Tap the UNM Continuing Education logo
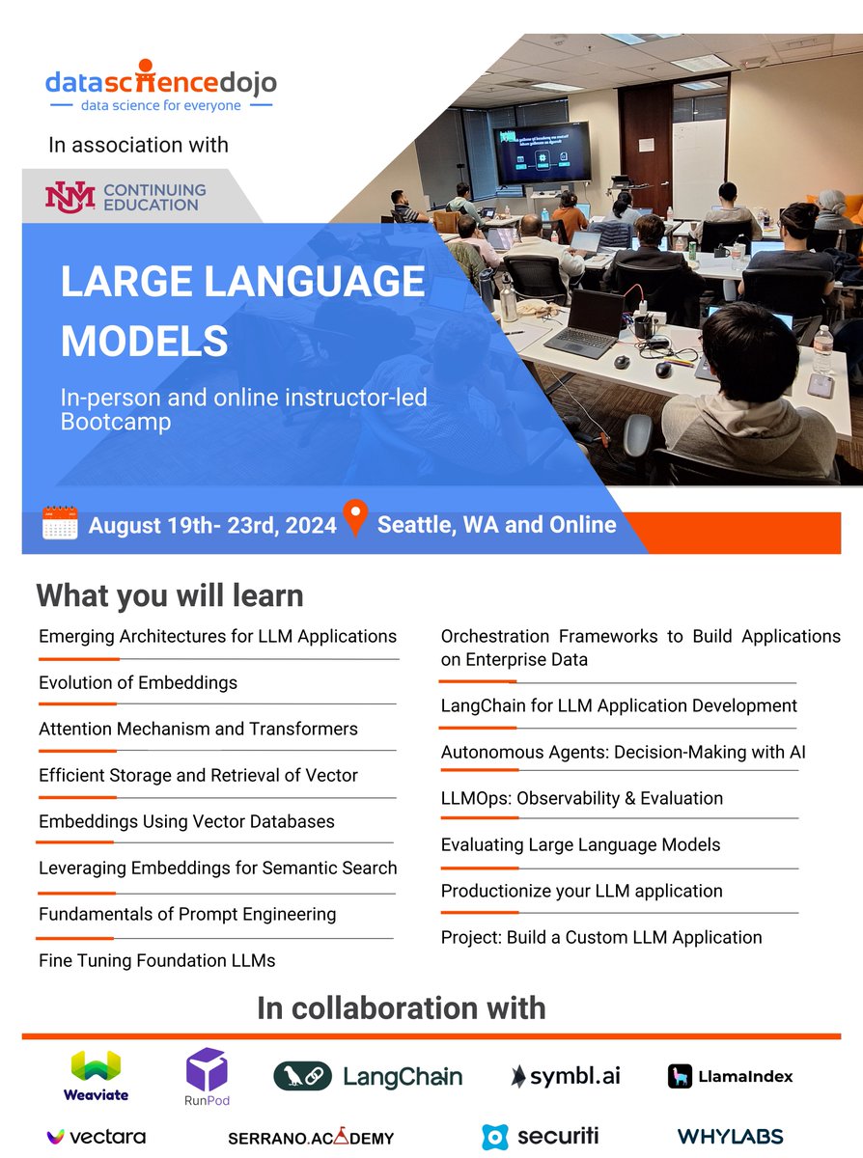click(125, 196)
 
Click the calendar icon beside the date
click(60, 524)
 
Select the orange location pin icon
click(355, 519)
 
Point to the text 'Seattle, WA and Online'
click(496, 525)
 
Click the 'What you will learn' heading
click(170, 595)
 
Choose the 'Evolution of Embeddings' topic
click(138, 683)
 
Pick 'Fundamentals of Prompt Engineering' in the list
click(187, 914)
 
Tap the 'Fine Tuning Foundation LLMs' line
click(157, 960)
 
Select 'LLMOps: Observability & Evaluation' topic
click(582, 798)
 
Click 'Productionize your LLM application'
click(581, 891)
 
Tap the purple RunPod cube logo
click(208, 1075)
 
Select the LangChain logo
click(368, 1076)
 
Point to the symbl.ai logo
click(566, 1076)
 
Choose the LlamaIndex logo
click(730, 1076)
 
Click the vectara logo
click(97, 1137)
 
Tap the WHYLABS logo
click(730, 1137)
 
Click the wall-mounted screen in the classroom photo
click(541, 152)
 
